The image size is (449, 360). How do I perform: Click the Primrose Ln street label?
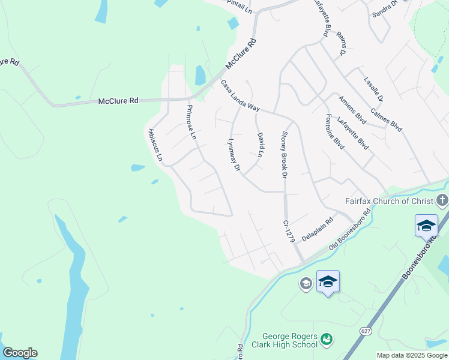(x=191, y=122)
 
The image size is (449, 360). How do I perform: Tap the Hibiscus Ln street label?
(x=155, y=145)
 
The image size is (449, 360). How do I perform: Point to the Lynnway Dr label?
(x=234, y=156)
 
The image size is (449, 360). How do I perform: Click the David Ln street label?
(x=261, y=145)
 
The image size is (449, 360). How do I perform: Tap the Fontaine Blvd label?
(x=334, y=131)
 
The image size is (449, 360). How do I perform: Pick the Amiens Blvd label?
(x=352, y=108)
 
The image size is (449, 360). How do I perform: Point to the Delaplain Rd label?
(x=317, y=229)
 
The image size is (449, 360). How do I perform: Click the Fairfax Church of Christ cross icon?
(x=442, y=200)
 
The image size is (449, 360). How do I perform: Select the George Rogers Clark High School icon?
(x=326, y=340)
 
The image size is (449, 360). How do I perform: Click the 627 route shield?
(x=365, y=331)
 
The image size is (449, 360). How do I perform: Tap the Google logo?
(x=20, y=353)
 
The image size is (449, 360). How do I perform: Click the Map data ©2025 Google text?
(x=412, y=355)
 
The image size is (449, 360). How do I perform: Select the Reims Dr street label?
(x=342, y=44)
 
